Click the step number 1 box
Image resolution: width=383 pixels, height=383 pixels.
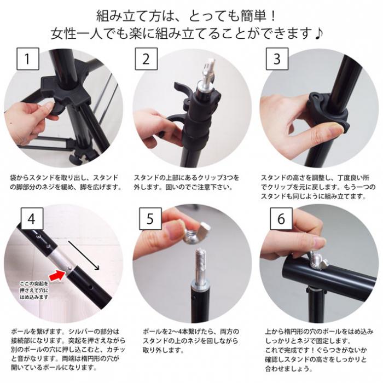pos(28,59)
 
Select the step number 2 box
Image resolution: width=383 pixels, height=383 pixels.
pos(146,59)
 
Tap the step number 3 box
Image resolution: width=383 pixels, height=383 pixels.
pos(277,59)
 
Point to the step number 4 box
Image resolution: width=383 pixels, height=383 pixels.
pos(32,219)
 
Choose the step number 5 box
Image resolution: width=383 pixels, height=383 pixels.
pos(150,219)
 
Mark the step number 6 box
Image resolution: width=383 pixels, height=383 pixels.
pos(281,219)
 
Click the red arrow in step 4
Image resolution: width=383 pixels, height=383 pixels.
pos(57,276)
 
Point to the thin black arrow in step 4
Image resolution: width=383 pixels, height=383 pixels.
pos(84,256)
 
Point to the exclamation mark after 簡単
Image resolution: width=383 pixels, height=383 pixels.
pos(273,16)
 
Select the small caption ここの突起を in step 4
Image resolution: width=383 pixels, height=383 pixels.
pos(34,284)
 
